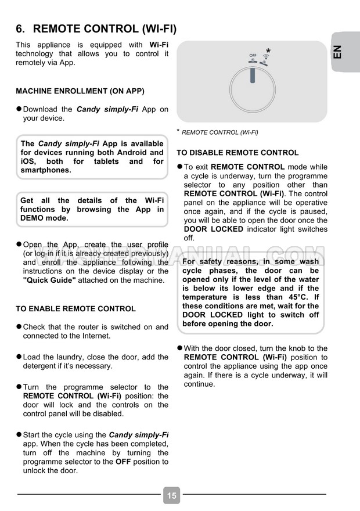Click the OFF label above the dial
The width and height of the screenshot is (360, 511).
pos(253,55)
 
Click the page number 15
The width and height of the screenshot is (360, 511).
pos(171,495)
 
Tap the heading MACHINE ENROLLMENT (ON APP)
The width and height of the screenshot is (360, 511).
pos(80,91)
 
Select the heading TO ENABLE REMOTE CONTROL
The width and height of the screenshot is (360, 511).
pos(75,309)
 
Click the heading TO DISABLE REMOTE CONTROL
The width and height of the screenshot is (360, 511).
pos(237,153)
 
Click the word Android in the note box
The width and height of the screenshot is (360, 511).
pos(148,153)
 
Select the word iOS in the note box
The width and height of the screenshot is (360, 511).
pos(28,161)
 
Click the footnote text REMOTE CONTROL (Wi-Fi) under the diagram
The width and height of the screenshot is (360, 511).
pos(220,132)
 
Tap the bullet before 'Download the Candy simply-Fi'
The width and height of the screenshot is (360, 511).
pos(19,109)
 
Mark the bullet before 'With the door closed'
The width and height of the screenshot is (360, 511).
pos(179,348)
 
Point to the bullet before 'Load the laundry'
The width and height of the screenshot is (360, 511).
pos(19,357)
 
